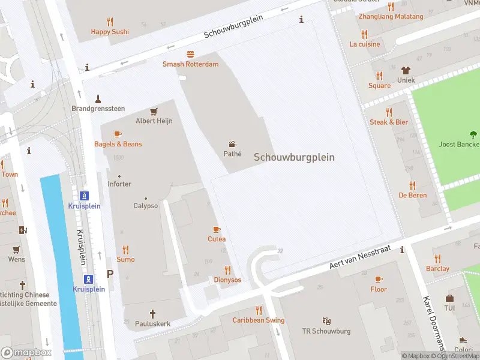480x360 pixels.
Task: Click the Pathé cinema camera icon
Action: pyautogui.click(x=232, y=144)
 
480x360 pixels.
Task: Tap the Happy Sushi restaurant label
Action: pyautogui.click(x=110, y=31)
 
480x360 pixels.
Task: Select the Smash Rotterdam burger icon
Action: pyautogui.click(x=191, y=54)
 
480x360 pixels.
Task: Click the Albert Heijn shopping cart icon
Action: pyautogui.click(x=154, y=111)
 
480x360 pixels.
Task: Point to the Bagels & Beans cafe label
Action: pyautogui.click(x=118, y=144)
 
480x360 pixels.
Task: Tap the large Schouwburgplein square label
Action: pyautogui.click(x=294, y=157)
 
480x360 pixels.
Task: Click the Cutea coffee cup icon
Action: pyautogui.click(x=217, y=229)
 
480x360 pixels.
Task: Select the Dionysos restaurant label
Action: pyautogui.click(x=227, y=280)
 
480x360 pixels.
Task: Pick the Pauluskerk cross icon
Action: pyautogui.click(x=152, y=313)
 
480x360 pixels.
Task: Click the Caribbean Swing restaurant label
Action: pyautogui.click(x=259, y=320)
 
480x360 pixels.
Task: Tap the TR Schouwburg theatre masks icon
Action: pyautogui.click(x=326, y=321)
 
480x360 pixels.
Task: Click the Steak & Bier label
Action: pyautogui.click(x=389, y=122)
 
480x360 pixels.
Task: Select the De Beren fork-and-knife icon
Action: pyautogui.click(x=412, y=185)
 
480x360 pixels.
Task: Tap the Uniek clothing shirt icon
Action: pyautogui.click(x=406, y=70)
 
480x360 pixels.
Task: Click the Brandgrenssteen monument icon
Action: pyautogui.click(x=98, y=98)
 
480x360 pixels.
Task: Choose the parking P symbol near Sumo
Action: pyautogui.click(x=110, y=274)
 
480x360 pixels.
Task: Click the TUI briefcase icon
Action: pyautogui.click(x=449, y=298)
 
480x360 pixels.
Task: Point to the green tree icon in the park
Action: pyautogui.click(x=473, y=134)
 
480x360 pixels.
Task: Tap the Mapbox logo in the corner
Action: pyautogui.click(x=26, y=353)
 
